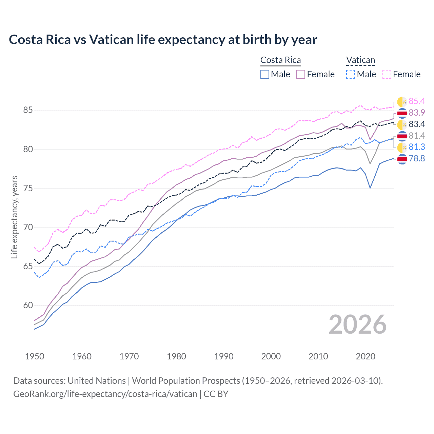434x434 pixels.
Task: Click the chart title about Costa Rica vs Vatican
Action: click(x=163, y=40)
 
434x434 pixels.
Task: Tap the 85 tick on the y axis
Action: click(x=28, y=110)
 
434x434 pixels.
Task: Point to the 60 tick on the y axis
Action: click(x=28, y=305)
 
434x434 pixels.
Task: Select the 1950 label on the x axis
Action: click(x=35, y=356)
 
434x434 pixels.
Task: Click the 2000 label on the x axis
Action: click(x=271, y=356)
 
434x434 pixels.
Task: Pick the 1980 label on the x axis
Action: click(x=176, y=356)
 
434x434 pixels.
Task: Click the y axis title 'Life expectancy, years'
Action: click(x=14, y=217)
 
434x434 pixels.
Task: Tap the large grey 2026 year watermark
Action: click(x=358, y=324)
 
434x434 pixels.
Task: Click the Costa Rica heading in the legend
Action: click(x=280, y=60)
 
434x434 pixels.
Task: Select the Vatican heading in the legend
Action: click(x=360, y=60)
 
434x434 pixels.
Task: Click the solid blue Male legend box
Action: click(x=265, y=74)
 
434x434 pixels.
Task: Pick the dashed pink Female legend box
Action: click(x=387, y=74)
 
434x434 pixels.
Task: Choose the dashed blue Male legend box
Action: click(x=351, y=74)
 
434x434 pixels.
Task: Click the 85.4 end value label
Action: click(x=417, y=101)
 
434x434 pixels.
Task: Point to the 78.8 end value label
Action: click(x=417, y=158)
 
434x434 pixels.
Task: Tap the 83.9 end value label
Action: click(x=417, y=113)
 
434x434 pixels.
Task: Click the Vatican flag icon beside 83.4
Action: click(x=402, y=124)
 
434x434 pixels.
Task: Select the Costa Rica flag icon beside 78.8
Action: click(x=402, y=159)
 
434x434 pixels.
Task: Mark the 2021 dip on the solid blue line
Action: click(x=370, y=188)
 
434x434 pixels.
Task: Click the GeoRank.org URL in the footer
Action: click(x=105, y=394)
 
